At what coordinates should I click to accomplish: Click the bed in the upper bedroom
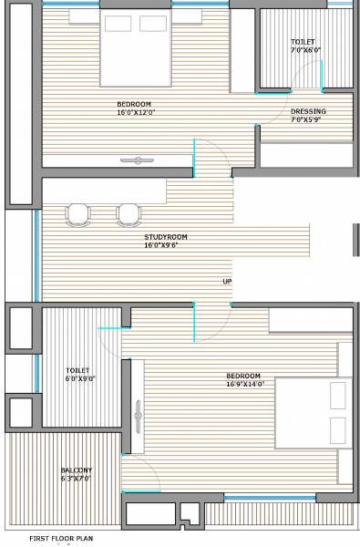click(134, 46)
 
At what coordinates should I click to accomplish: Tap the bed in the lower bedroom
click(314, 410)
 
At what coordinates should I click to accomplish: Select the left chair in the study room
click(78, 213)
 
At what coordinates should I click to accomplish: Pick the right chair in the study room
click(129, 213)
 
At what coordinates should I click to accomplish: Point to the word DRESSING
click(308, 111)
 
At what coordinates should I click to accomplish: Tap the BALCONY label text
click(76, 470)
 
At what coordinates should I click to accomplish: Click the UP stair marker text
click(227, 281)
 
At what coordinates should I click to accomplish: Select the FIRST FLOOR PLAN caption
click(61, 539)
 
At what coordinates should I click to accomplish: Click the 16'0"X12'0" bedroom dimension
click(136, 112)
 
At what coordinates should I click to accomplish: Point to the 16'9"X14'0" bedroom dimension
click(244, 384)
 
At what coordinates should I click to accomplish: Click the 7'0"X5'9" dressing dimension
click(308, 119)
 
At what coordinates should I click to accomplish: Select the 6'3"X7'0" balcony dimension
click(76, 478)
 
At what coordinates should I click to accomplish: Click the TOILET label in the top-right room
click(303, 42)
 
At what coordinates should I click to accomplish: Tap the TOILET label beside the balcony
click(77, 370)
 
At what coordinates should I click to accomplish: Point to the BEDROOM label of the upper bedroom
click(134, 104)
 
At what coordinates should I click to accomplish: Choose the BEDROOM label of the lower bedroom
click(243, 376)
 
